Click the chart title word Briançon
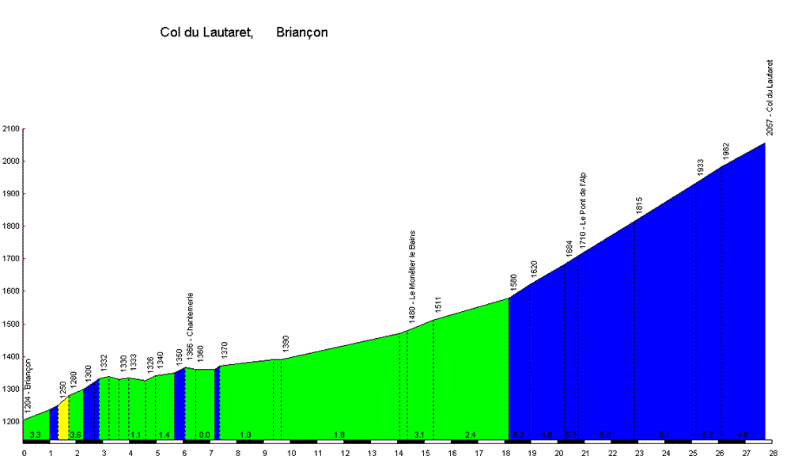point(302,32)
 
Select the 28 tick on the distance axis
point(773,454)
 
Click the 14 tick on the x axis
point(398,454)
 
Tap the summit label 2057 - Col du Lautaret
point(770,97)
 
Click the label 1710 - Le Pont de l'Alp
point(583,210)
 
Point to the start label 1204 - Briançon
point(28,386)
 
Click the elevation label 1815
point(639,205)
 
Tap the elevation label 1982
point(726,151)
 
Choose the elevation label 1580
point(514,283)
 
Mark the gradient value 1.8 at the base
point(339,435)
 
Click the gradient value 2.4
point(470,435)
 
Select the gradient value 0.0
point(204,435)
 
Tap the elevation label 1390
point(286,344)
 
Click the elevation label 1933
point(701,167)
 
